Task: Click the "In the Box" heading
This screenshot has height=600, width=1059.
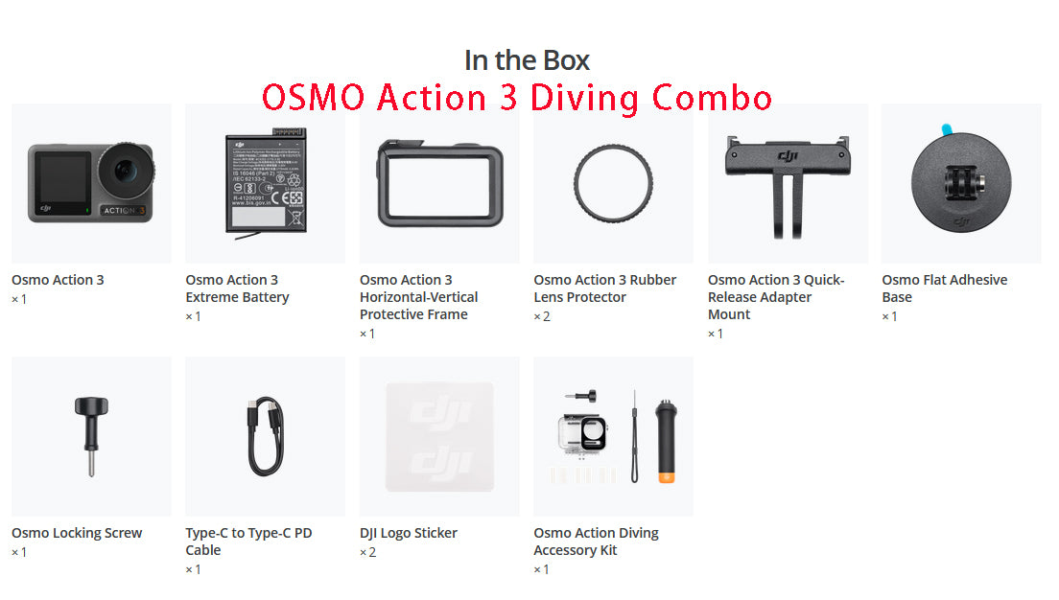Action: click(x=527, y=60)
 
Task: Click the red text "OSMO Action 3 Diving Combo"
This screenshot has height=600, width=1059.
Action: click(x=517, y=98)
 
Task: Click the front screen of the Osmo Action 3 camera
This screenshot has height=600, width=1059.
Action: click(x=59, y=180)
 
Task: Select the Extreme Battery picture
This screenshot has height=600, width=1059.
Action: click(x=264, y=182)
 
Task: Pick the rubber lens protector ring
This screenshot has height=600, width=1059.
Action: click(x=614, y=184)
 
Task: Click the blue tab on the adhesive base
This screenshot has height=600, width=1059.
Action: click(x=948, y=128)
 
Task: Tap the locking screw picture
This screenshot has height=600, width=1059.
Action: click(x=91, y=436)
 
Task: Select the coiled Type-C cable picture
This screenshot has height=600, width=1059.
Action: click(x=265, y=437)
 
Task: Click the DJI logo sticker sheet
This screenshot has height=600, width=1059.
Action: click(x=439, y=437)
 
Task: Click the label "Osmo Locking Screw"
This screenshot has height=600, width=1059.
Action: click(x=77, y=533)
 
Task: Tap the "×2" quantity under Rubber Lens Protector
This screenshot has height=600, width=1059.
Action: click(x=542, y=316)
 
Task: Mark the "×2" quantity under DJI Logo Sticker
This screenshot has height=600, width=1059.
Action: click(x=368, y=552)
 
